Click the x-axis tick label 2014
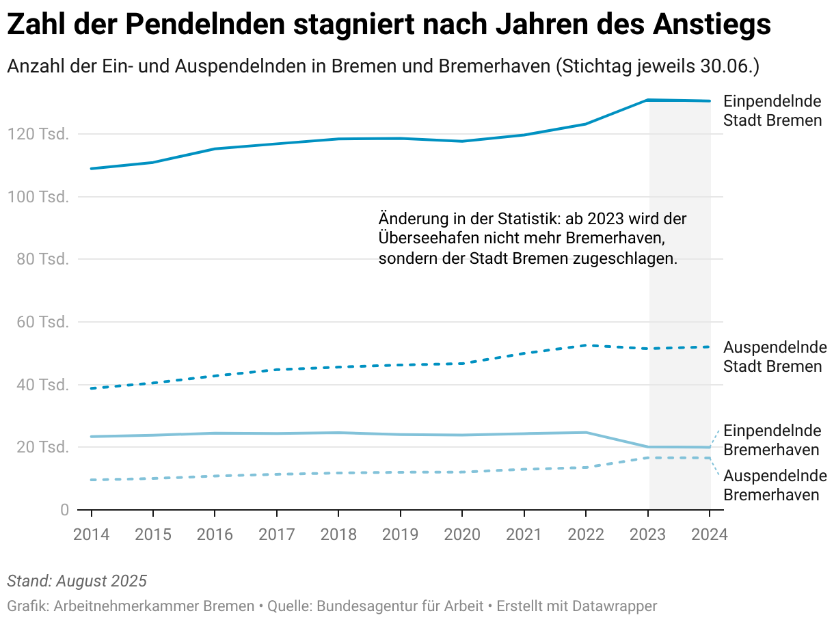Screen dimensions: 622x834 91,534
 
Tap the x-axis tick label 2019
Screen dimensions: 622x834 400,534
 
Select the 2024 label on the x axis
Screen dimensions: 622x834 710,534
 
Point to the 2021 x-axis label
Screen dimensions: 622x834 524,534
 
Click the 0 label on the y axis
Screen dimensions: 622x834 64,510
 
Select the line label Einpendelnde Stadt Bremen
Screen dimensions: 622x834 772,111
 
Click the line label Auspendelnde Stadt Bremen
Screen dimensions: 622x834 772,356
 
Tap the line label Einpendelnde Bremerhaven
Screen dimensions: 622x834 772,441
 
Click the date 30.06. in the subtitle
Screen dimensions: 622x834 730,66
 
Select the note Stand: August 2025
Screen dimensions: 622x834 77,582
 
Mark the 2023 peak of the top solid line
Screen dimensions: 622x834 648,100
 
